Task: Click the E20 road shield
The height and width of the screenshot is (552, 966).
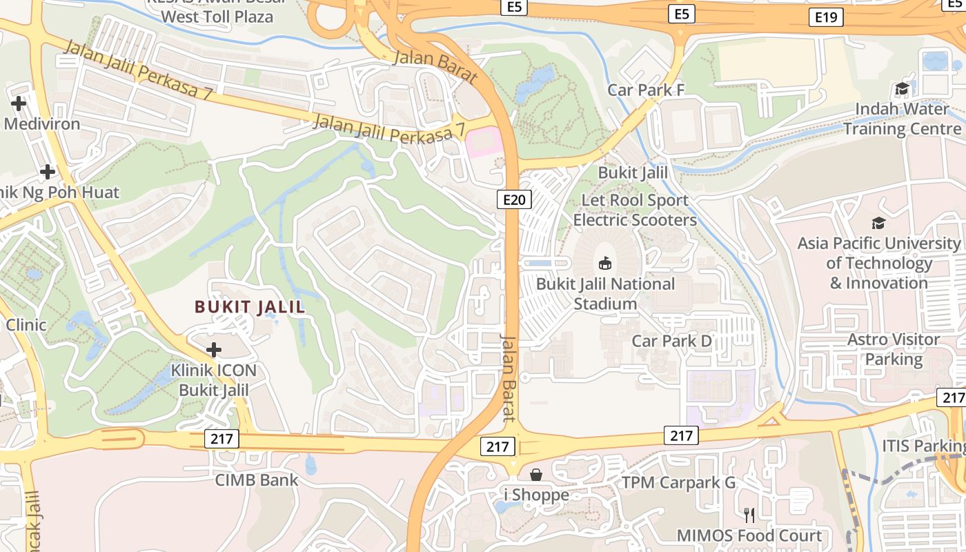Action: [x=514, y=200]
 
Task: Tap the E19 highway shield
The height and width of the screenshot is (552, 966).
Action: [x=826, y=17]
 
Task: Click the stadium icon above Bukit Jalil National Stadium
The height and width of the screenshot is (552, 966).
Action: [x=605, y=263]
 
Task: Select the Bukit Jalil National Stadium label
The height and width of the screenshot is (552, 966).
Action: [x=605, y=294]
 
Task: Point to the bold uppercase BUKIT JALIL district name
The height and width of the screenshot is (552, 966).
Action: [x=250, y=307]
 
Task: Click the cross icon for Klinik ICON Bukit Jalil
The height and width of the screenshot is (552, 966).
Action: [x=214, y=350]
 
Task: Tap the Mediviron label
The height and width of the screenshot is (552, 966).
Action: [x=42, y=124]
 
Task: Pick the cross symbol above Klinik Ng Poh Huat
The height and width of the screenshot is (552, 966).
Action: [x=48, y=171]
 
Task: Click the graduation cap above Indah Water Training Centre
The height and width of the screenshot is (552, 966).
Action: [x=902, y=88]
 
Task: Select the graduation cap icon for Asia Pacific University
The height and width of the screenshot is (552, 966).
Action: [x=878, y=223]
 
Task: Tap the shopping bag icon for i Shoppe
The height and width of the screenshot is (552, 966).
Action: [x=535, y=475]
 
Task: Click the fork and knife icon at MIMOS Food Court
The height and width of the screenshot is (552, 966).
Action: [x=749, y=515]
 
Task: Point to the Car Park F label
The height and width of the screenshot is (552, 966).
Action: [x=646, y=90]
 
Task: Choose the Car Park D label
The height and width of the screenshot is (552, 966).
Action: [x=671, y=341]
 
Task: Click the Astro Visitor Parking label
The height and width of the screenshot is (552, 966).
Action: [x=894, y=349]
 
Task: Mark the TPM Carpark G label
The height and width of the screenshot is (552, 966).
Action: [x=679, y=482]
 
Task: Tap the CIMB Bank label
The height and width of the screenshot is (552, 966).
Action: [x=257, y=480]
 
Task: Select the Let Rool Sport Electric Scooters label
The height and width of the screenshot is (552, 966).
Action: [x=635, y=210]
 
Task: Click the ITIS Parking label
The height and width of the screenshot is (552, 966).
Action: [x=923, y=446]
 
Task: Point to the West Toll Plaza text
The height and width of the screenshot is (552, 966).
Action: [x=217, y=17]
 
